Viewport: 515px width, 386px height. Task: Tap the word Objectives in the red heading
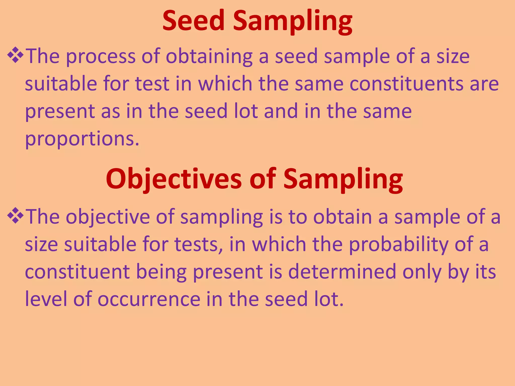pyautogui.click(x=174, y=179)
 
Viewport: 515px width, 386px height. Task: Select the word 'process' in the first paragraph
pyautogui.click(x=101, y=57)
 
